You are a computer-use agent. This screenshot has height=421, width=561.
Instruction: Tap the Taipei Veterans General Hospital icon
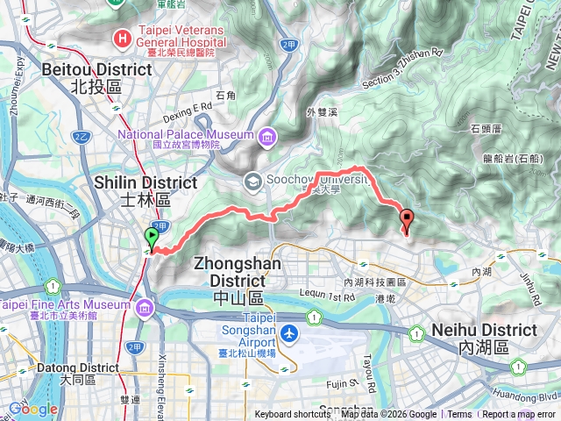click(x=123, y=38)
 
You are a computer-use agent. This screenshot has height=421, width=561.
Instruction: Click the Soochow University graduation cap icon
click(x=252, y=181)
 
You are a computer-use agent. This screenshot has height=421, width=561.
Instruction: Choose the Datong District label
click(x=60, y=367)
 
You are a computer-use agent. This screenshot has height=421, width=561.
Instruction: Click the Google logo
click(x=32, y=409)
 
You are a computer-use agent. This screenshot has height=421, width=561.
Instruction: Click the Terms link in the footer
click(x=459, y=415)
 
